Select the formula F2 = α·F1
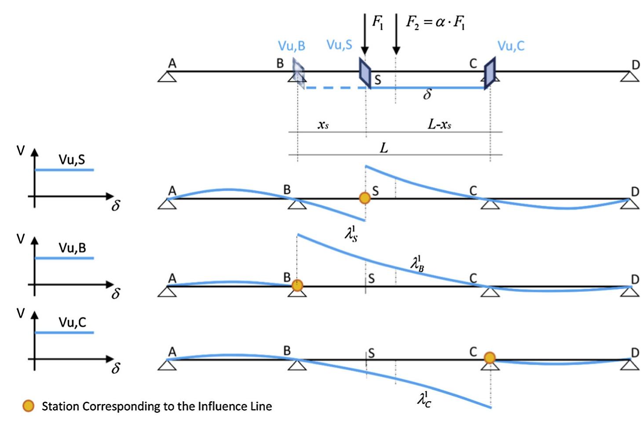[x=435, y=22]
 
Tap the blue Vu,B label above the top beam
[x=291, y=46]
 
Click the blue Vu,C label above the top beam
[x=511, y=46]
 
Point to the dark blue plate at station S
[x=365, y=73]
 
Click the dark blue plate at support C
[x=490, y=73]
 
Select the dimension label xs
[x=323, y=125]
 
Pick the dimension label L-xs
[x=439, y=125]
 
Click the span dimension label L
[x=384, y=148]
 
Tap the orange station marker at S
[x=365, y=198]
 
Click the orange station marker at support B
[x=297, y=285]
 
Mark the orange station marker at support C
[x=490, y=358]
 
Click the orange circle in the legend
[x=29, y=406]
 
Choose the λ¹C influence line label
[x=424, y=399]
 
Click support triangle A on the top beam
[x=167, y=77]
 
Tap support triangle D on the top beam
[x=630, y=77]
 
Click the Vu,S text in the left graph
[x=72, y=159]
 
